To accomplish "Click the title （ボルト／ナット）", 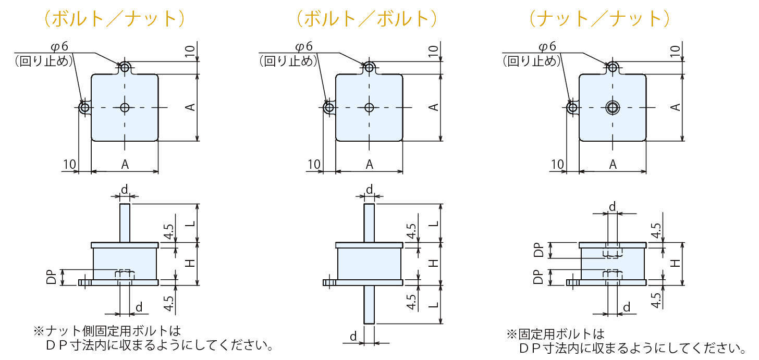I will (x=114, y=19).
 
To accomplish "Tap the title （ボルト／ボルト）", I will (x=366, y=19).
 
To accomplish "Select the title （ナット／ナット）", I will (x=599, y=19).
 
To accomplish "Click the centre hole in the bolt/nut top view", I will (x=125, y=107).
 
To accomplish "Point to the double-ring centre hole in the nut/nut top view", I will (x=613, y=108).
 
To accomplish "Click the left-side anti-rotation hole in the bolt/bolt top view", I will (x=329, y=108).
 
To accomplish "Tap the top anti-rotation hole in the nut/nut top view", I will (x=613, y=67).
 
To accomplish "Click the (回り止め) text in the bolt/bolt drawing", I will (x=288, y=61).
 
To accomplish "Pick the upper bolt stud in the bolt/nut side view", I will (x=125, y=223).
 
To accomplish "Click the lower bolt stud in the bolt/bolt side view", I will (x=369, y=304).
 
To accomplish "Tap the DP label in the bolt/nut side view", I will (x=52, y=277).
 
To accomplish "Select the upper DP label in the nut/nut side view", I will (x=539, y=251).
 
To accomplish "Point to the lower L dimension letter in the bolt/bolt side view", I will (x=433, y=304).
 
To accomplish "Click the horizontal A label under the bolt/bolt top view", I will (x=369, y=165).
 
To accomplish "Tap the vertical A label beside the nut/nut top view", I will (x=676, y=107).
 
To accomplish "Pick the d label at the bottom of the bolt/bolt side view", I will (x=353, y=337).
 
